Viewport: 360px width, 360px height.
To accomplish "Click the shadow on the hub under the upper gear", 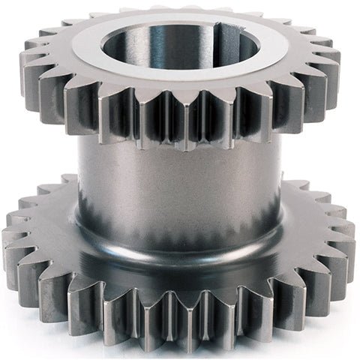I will [x=180, y=150].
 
